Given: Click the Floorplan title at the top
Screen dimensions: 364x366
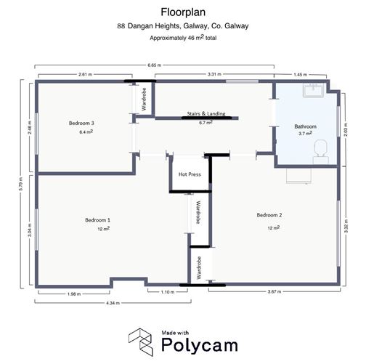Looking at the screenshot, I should [x=182, y=12].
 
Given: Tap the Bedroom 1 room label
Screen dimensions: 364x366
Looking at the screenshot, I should [x=97, y=220].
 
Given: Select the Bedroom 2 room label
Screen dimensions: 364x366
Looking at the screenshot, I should [x=269, y=215].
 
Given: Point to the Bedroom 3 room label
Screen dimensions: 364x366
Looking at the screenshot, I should [x=81, y=124].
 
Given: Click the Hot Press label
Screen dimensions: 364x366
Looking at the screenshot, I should [x=188, y=174].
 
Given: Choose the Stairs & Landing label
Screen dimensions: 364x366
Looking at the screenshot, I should [x=206, y=115].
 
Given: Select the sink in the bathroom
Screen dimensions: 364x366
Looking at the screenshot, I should [x=313, y=89].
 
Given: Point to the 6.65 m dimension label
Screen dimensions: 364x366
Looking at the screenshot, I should [x=154, y=65].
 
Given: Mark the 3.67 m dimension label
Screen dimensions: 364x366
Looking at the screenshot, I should [x=273, y=292].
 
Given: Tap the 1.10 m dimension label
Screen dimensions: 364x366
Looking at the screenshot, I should [x=167, y=292].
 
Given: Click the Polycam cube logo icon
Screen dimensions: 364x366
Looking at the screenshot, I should [x=141, y=339].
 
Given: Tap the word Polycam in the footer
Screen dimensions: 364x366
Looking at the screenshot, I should [x=193, y=344].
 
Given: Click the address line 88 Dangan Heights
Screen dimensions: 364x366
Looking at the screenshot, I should [x=182, y=25].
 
